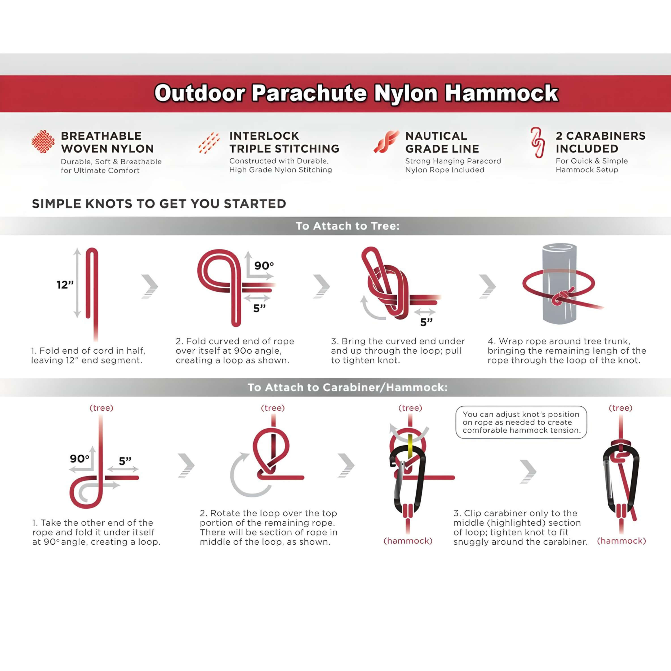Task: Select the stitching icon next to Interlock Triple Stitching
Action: (x=209, y=143)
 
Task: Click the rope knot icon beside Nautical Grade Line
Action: (x=386, y=142)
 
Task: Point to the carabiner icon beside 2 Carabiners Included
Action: (x=537, y=142)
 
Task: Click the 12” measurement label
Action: (x=65, y=285)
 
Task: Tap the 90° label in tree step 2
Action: (x=264, y=266)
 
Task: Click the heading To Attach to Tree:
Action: (x=348, y=226)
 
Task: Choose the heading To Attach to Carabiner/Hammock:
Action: (x=348, y=387)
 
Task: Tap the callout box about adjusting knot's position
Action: (x=521, y=422)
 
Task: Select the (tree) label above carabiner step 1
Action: (x=101, y=408)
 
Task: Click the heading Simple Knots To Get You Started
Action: (x=159, y=204)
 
